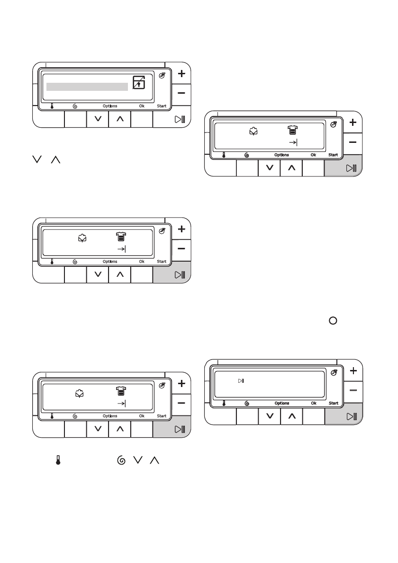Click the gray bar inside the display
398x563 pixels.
coord(87,87)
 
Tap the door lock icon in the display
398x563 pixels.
coord(139,82)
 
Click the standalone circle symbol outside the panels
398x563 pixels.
coord(333,321)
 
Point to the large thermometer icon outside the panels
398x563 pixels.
coord(58,460)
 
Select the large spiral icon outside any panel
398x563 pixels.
coord(121,460)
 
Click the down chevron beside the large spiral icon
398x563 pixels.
coord(138,460)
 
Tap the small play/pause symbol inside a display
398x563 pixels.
coord(241,381)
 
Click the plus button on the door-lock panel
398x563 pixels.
coord(181,74)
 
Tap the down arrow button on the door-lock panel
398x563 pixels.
coord(98,119)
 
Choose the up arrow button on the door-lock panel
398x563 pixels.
coord(120,119)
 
